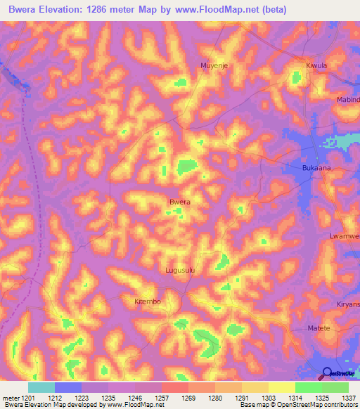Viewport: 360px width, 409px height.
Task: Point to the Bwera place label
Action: pos(180,202)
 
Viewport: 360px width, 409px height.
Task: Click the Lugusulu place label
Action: pos(179,269)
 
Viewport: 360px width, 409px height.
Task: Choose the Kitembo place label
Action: pos(148,301)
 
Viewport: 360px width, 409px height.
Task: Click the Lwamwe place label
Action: pos(344,236)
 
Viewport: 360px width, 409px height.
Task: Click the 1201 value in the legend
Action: pos(28,398)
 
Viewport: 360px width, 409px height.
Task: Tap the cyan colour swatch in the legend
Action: pos(41,387)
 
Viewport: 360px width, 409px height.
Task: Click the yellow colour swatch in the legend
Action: pos(282,387)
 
